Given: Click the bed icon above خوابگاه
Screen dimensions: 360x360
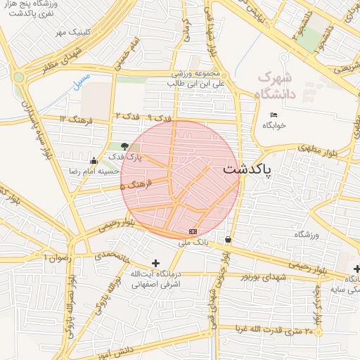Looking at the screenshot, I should (274, 115).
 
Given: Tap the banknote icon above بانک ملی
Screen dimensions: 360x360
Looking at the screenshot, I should (193, 231).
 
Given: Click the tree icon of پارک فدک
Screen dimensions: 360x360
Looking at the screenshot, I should (124, 146).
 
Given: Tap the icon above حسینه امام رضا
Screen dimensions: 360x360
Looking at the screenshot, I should (94, 160).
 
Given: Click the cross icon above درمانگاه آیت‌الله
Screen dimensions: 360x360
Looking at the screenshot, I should (155, 263).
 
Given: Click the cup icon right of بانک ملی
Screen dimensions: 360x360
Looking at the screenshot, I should (228, 240).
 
